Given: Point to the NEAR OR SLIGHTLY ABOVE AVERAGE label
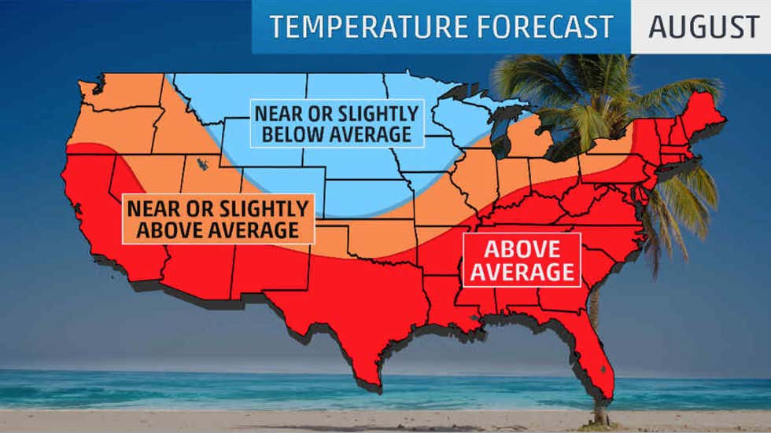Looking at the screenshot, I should pyautogui.click(x=217, y=219).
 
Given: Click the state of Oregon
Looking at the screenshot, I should pyautogui.click(x=110, y=130).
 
